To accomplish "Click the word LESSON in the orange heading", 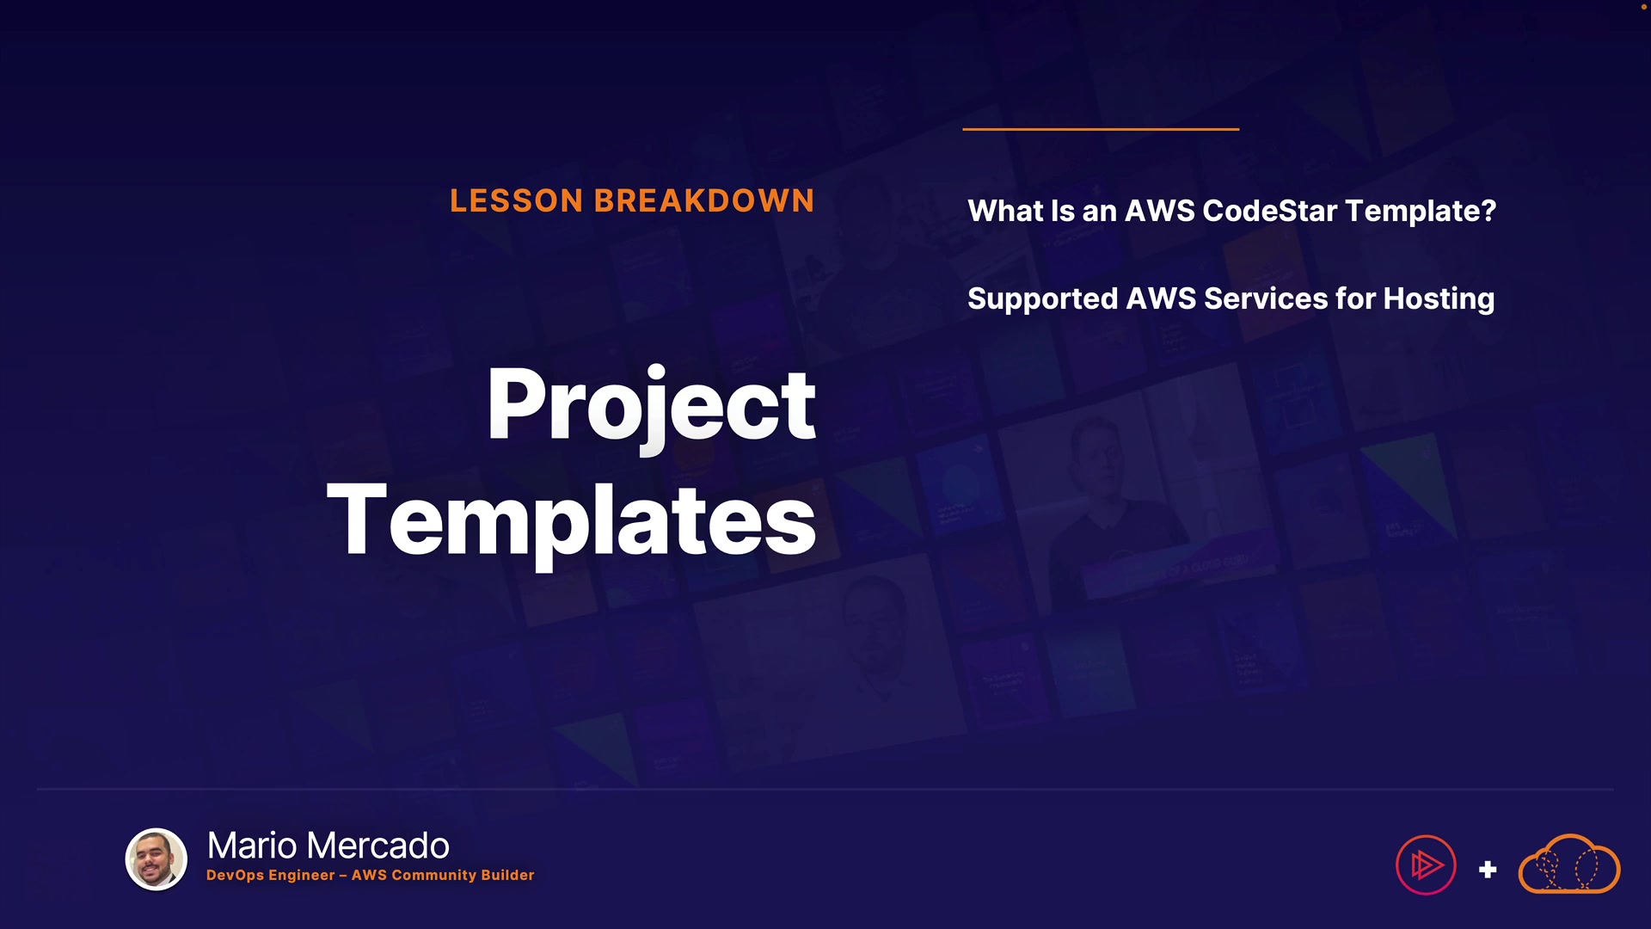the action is pos(517,200).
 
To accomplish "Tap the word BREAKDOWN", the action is pos(704,200).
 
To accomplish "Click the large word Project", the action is pos(651,407).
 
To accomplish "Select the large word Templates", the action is pos(571,522).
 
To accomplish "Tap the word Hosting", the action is pos(1439,299).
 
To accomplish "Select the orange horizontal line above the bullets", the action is pos(1101,129).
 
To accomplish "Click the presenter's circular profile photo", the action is pos(157,859).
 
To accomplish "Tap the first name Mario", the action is pos(252,846).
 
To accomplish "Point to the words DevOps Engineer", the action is pos(270,875).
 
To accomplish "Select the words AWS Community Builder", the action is pos(443,875).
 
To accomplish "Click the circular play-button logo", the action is pos(1426,865).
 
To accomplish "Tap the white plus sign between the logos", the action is pos(1488,870).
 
